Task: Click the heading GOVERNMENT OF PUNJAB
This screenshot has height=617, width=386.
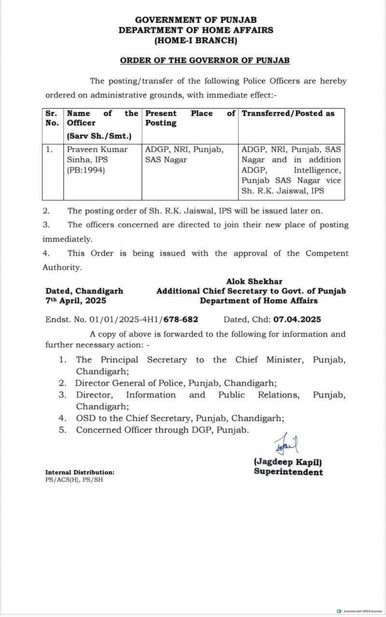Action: [195, 20]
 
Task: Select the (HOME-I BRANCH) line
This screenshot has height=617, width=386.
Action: [195, 41]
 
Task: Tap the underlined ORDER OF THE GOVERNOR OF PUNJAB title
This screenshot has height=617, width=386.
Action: [205, 61]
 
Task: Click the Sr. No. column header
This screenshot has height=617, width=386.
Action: [51, 118]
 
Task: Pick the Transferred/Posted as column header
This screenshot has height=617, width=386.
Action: [288, 113]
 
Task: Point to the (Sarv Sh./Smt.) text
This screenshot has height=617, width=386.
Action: [99, 136]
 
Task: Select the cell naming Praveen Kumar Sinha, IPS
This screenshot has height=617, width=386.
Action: [97, 154]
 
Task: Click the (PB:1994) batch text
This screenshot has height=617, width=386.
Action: [85, 170]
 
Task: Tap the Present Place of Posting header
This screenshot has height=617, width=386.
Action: [190, 118]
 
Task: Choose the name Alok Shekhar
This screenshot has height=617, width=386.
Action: [254, 282]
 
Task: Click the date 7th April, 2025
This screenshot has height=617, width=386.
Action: [76, 301]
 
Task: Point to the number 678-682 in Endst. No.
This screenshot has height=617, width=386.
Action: [180, 320]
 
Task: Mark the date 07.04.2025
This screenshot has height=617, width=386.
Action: [297, 320]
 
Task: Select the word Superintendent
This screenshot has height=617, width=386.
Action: [289, 472]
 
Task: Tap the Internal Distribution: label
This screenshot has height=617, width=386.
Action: [80, 473]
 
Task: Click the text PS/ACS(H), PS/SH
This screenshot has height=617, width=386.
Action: [74, 480]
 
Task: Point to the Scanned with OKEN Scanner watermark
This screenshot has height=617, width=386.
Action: [359, 610]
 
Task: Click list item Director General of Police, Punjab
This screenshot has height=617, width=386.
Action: [176, 383]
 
